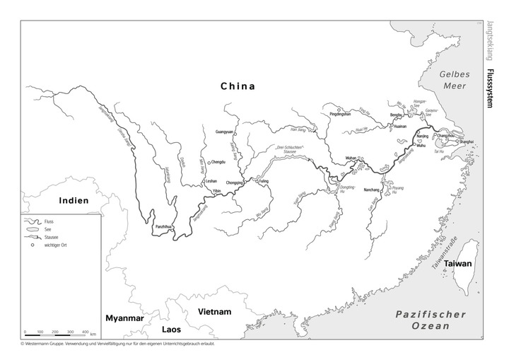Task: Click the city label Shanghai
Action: (x=467, y=142)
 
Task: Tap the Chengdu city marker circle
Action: (x=209, y=162)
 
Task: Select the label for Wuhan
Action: (x=351, y=156)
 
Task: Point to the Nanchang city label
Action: (x=372, y=190)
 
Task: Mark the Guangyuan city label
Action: (x=224, y=132)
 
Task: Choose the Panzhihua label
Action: (x=163, y=226)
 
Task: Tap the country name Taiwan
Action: (x=457, y=263)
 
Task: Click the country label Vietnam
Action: (x=214, y=312)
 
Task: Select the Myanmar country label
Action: (x=124, y=319)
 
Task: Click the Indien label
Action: (x=74, y=200)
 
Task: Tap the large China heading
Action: (x=237, y=86)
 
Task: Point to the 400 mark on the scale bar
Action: (x=85, y=332)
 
